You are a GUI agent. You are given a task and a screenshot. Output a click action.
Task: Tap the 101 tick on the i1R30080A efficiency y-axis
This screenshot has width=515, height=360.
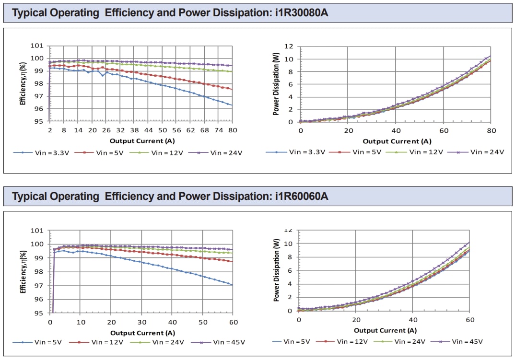[x=37, y=46]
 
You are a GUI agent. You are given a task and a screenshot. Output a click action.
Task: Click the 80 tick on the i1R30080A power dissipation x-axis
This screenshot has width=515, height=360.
[x=491, y=130]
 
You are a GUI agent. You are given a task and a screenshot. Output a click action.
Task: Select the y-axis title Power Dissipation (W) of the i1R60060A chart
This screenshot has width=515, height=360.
[x=276, y=270]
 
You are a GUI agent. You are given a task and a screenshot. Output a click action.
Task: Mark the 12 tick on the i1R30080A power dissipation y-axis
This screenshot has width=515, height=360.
[x=289, y=46]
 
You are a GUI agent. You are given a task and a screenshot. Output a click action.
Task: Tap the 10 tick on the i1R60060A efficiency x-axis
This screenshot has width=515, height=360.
[x=81, y=322]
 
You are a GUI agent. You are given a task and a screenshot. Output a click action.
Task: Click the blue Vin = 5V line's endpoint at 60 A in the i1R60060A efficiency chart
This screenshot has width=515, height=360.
[x=233, y=285]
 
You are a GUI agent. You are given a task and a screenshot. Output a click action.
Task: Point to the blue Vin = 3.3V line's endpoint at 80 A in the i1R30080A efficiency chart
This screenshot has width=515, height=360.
[x=232, y=105]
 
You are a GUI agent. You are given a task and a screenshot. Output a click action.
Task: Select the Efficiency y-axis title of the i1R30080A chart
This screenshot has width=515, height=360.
[x=23, y=84]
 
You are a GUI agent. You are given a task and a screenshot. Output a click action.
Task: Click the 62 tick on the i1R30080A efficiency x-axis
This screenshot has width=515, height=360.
[x=190, y=130]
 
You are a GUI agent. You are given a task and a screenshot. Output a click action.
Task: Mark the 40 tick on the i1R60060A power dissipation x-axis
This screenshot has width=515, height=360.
[x=412, y=320]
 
